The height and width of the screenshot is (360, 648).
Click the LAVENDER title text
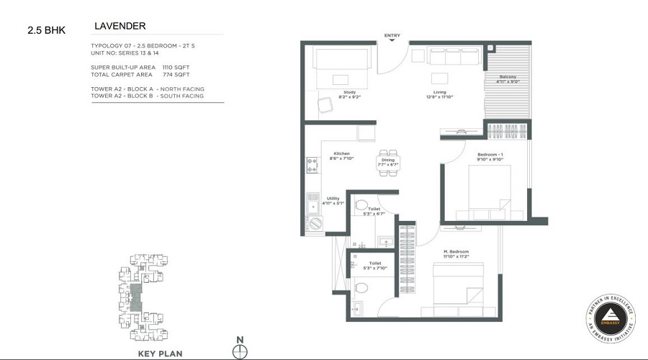(x=120, y=27)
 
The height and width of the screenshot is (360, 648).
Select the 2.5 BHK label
(x=45, y=30)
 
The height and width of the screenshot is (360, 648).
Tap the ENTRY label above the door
(x=392, y=35)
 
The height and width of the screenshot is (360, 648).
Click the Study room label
(x=350, y=92)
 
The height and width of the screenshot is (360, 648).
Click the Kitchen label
(x=341, y=153)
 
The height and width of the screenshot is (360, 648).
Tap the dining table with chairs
(x=388, y=160)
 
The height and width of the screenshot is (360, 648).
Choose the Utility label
(x=333, y=198)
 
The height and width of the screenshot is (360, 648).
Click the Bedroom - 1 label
(x=490, y=155)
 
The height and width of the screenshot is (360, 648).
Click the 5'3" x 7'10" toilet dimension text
(x=374, y=269)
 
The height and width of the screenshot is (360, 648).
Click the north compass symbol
(x=240, y=351)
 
